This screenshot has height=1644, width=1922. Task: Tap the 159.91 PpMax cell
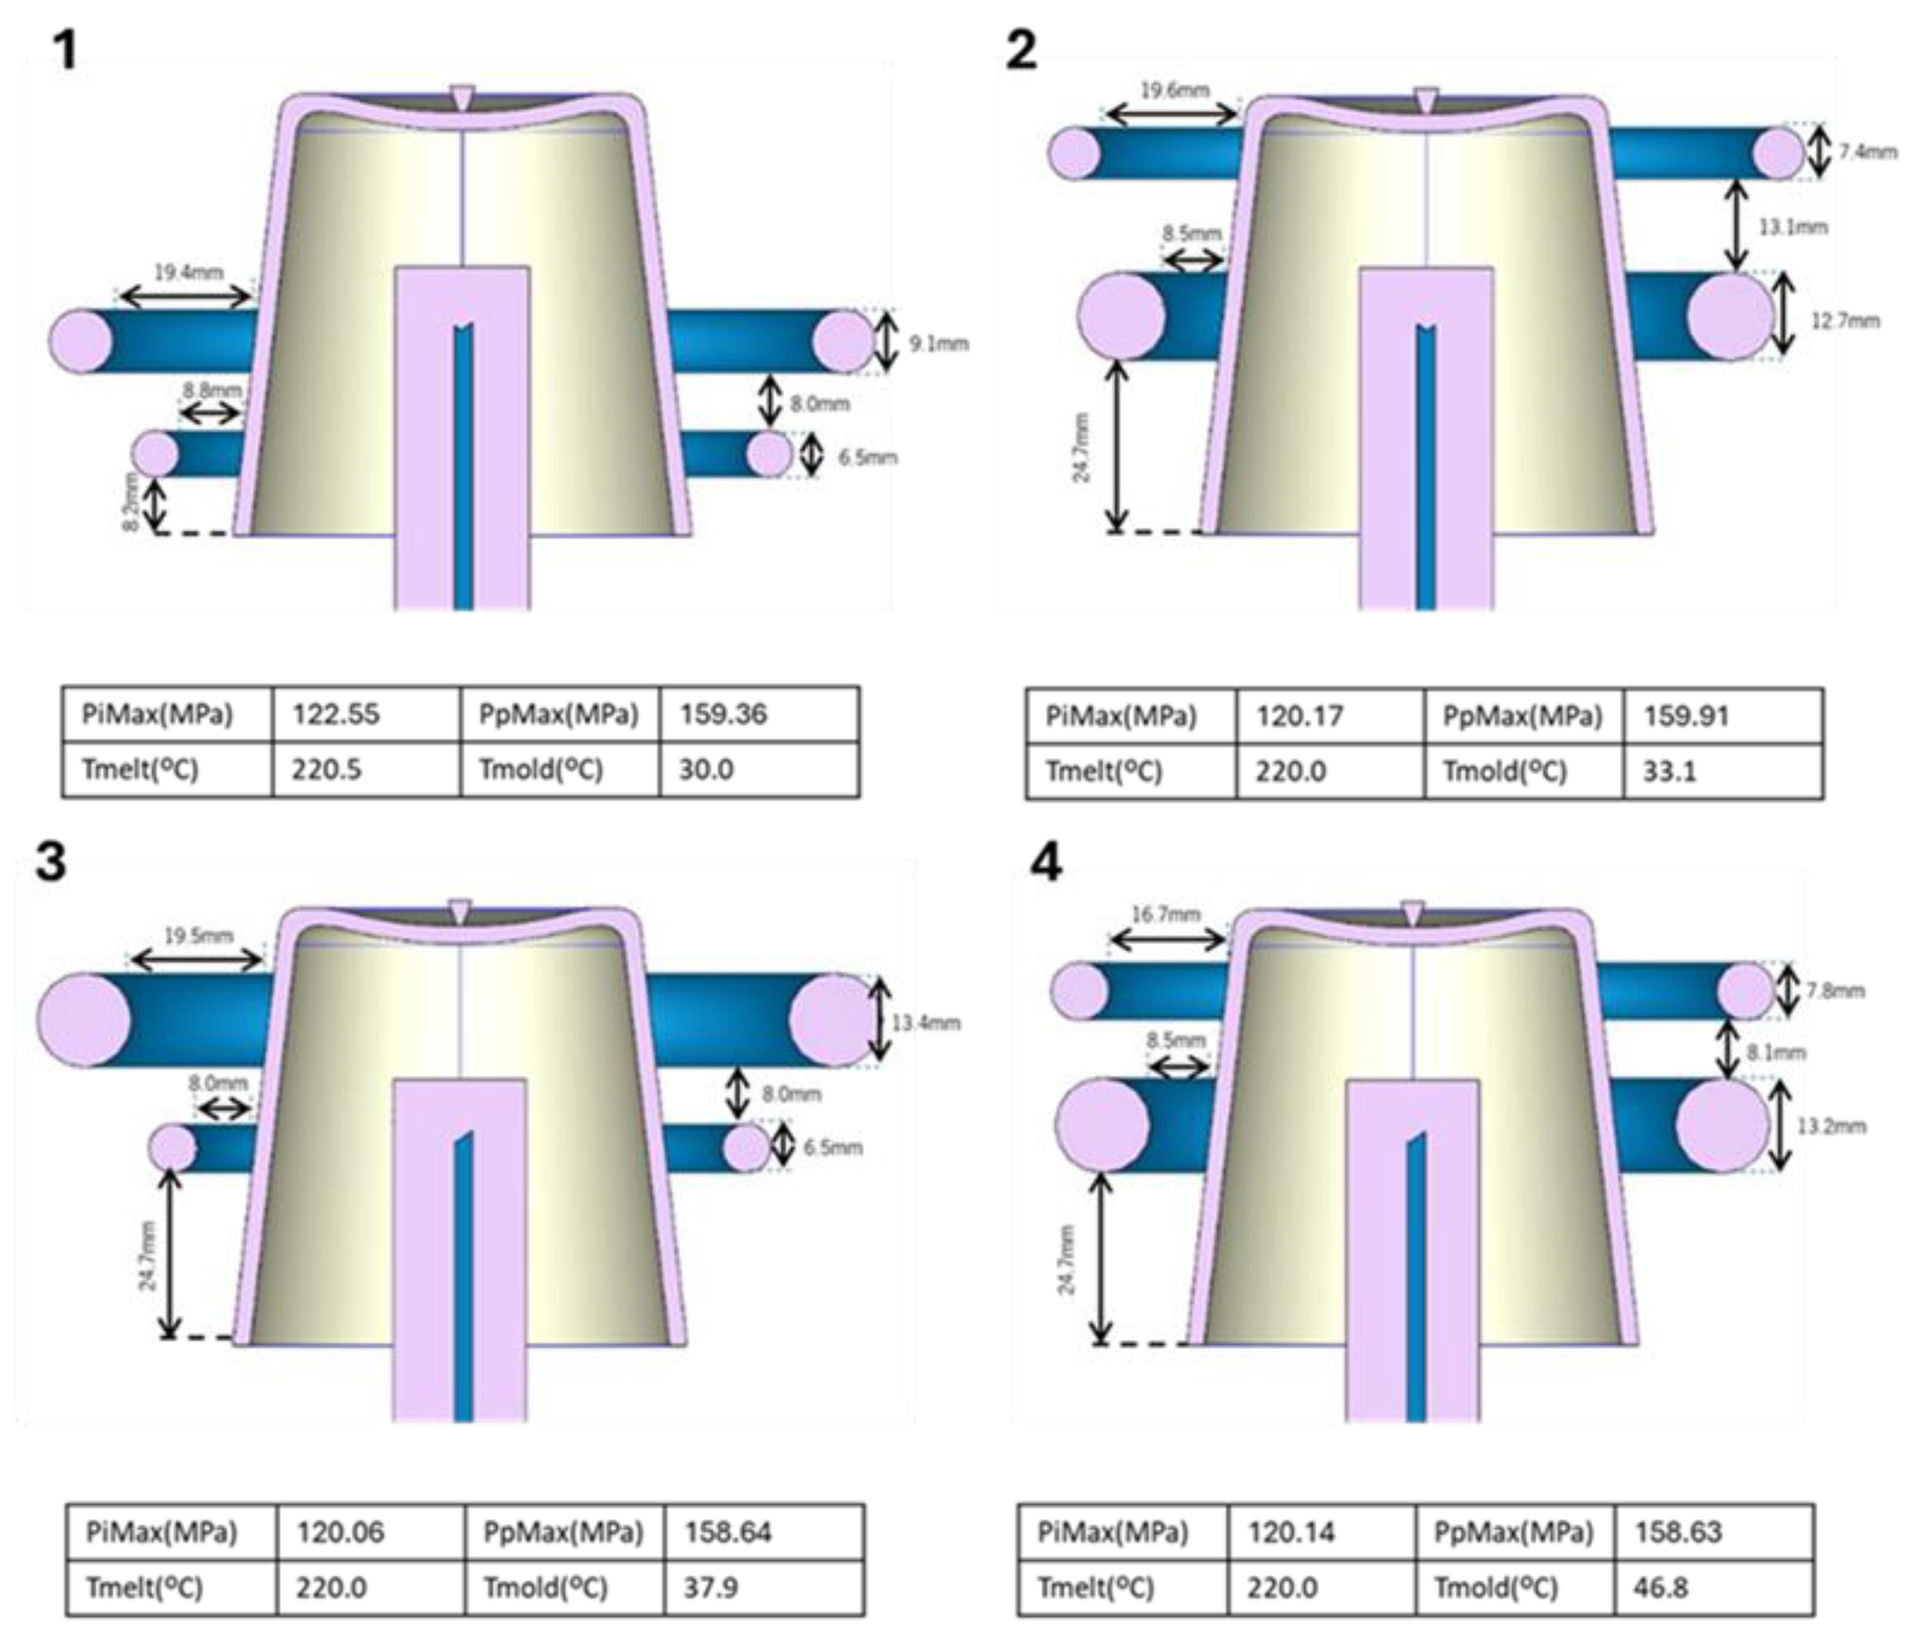click(1687, 716)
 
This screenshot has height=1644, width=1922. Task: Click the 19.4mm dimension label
click(189, 273)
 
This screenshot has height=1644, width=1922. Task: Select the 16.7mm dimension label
click(1165, 915)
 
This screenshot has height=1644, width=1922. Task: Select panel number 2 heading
click(1021, 49)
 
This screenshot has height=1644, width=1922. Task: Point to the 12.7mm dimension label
click(1845, 321)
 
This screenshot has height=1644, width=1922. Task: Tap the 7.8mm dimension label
click(1835, 991)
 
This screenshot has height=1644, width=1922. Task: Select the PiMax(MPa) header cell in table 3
click(161, 1532)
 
